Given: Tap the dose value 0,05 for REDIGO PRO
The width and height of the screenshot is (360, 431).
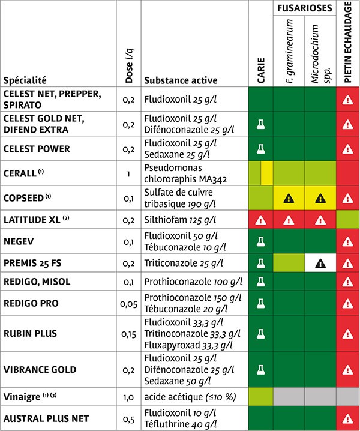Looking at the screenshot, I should [130, 304].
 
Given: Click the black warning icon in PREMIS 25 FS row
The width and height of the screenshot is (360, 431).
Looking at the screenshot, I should [320, 262].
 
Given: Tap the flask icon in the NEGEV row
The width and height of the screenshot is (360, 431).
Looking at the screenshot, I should [261, 241].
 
